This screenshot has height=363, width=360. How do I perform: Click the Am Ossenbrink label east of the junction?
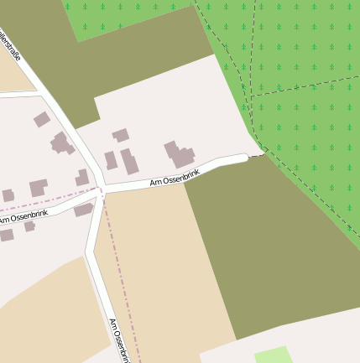click(x=175, y=177)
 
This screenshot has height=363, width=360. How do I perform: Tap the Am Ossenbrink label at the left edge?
click(x=23, y=215)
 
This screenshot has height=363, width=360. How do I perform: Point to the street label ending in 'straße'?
click(x=10, y=46)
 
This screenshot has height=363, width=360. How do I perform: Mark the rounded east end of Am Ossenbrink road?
click(x=244, y=157)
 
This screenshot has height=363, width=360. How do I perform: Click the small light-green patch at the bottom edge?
click(x=273, y=355)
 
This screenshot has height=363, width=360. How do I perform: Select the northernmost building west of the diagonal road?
click(x=41, y=119)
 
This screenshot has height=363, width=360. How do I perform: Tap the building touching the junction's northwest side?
click(x=82, y=178)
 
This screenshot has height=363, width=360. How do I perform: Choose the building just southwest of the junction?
click(x=83, y=210)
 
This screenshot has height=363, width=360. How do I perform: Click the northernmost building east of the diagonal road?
click(x=121, y=134)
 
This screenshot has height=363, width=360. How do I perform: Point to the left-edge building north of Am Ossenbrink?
click(x=8, y=196)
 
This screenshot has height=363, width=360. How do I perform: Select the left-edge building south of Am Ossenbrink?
click(x=6, y=235)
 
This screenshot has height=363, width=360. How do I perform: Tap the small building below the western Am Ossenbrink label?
click(x=30, y=226)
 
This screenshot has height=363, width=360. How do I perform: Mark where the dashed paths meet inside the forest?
click(x=249, y=97)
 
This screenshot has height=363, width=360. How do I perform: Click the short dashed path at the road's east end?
click(x=257, y=155)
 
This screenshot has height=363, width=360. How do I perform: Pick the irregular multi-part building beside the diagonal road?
click(x=61, y=143)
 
